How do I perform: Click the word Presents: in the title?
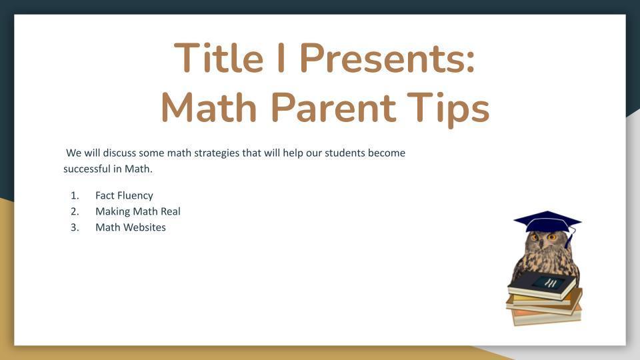(x=388, y=59)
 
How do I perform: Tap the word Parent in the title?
(x=333, y=107)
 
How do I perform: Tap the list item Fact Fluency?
(x=124, y=195)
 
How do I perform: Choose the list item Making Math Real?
(x=137, y=211)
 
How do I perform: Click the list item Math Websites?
(x=131, y=227)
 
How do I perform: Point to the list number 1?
(x=75, y=195)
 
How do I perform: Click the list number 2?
(x=75, y=211)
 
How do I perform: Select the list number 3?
(x=75, y=227)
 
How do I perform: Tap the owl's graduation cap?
(x=547, y=221)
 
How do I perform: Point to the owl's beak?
(x=541, y=244)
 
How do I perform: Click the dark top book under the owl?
(x=542, y=285)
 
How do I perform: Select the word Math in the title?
(x=209, y=107)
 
